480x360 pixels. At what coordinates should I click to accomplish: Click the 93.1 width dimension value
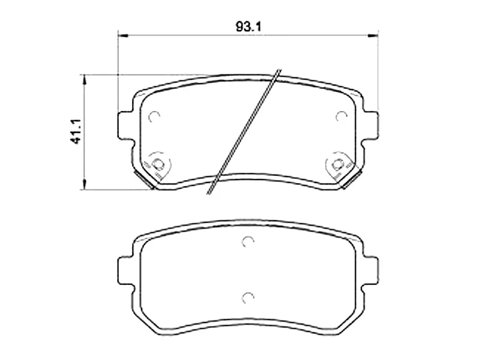(247, 26)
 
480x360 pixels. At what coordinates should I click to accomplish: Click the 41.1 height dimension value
(76, 131)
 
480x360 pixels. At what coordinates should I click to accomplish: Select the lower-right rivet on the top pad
(337, 163)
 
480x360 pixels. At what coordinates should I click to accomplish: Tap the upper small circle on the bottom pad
(248, 242)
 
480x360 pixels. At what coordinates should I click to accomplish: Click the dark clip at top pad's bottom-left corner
(145, 179)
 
